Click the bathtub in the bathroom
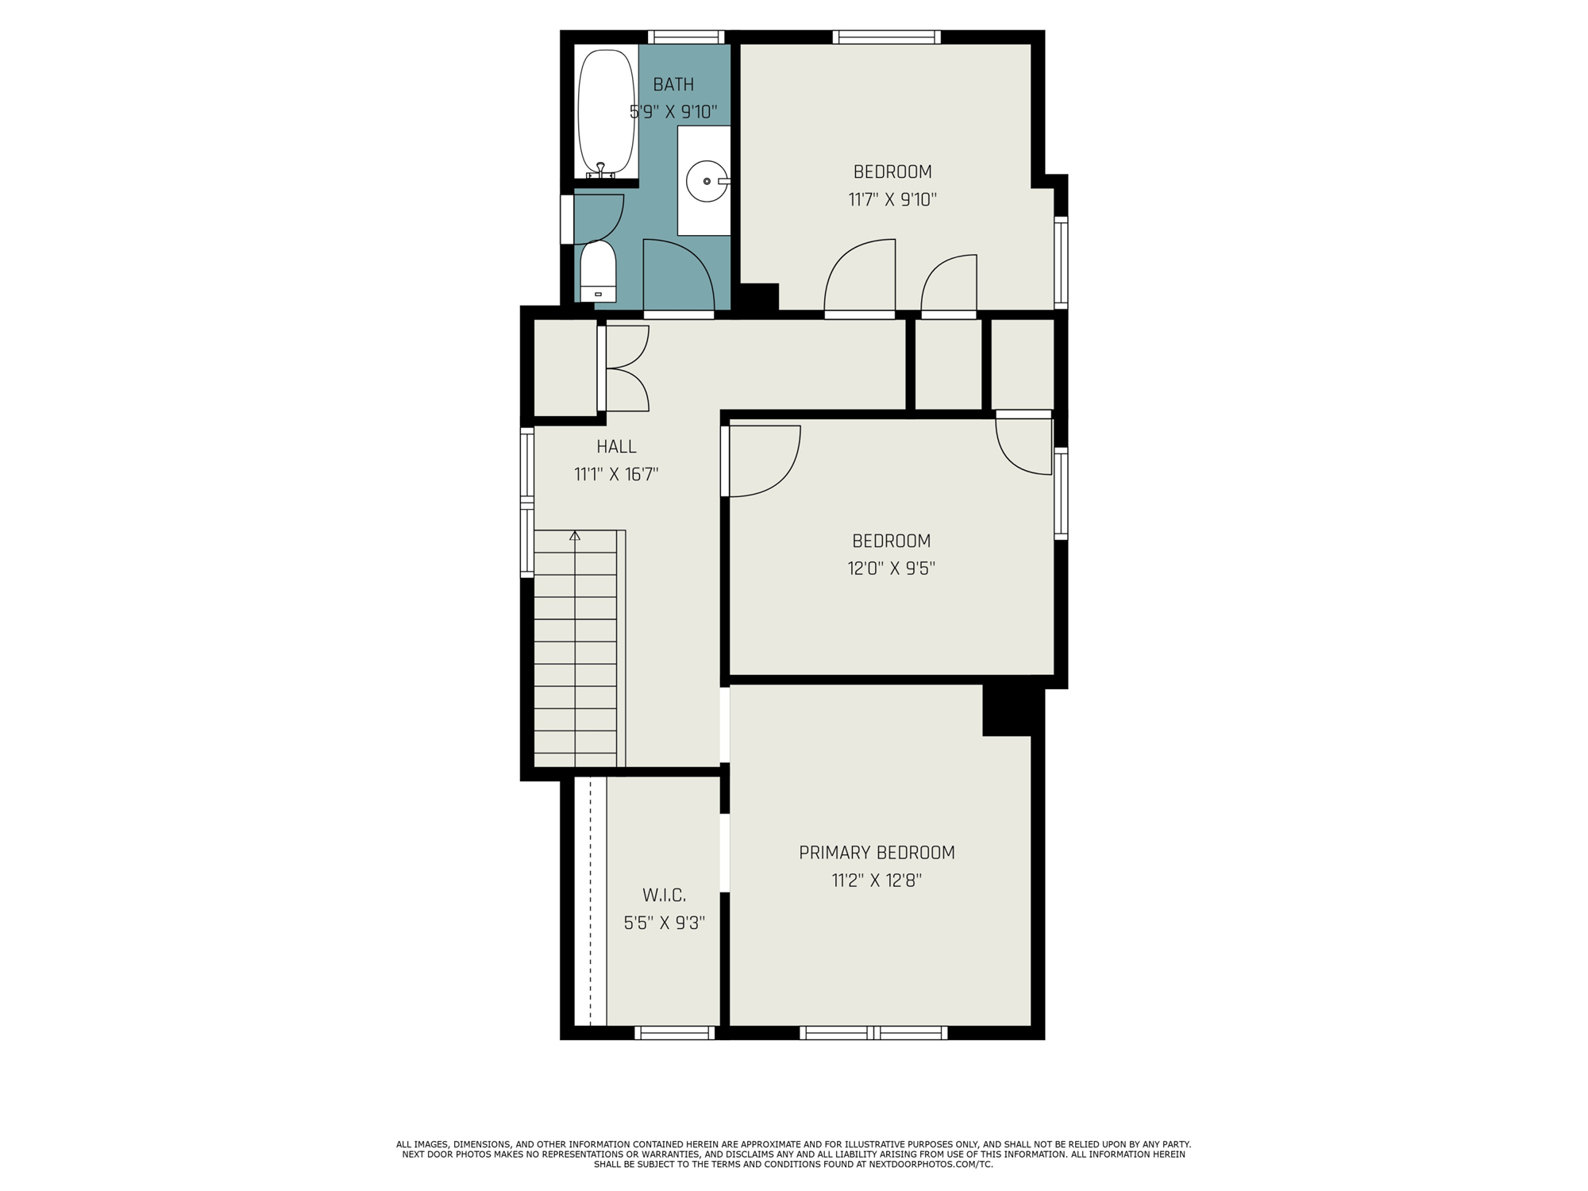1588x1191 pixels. (607, 113)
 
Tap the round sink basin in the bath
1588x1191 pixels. (706, 181)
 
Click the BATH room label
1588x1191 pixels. (673, 84)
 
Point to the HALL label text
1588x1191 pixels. (616, 446)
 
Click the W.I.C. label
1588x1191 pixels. (664, 895)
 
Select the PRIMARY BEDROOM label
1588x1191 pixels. (877, 852)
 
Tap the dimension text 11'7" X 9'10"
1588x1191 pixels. (892, 199)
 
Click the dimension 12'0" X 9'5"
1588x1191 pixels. (892, 569)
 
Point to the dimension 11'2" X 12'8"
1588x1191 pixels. (877, 881)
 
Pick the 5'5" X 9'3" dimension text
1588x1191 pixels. (665, 923)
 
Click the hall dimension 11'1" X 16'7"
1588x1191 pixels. (616, 475)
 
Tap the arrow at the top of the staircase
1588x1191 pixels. (575, 536)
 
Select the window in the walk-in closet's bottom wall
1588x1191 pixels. (674, 1032)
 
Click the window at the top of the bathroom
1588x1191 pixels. (686, 37)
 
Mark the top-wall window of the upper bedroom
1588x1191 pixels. (887, 37)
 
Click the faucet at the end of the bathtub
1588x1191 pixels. (601, 169)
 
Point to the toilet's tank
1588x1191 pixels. (598, 294)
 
